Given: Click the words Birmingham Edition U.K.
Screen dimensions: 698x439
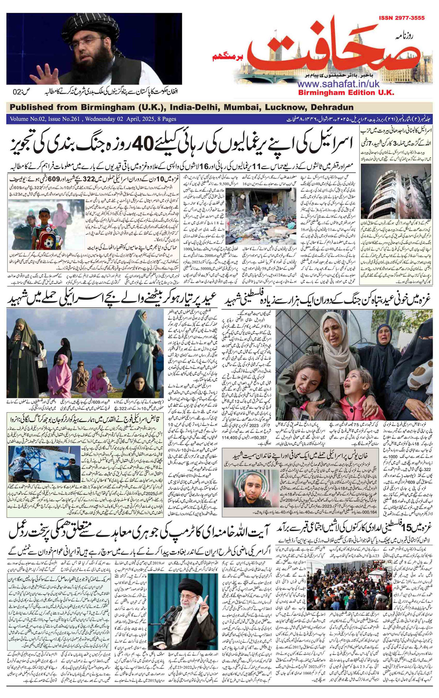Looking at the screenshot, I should [346, 93].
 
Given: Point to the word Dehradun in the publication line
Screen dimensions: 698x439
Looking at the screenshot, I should [332, 107].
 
